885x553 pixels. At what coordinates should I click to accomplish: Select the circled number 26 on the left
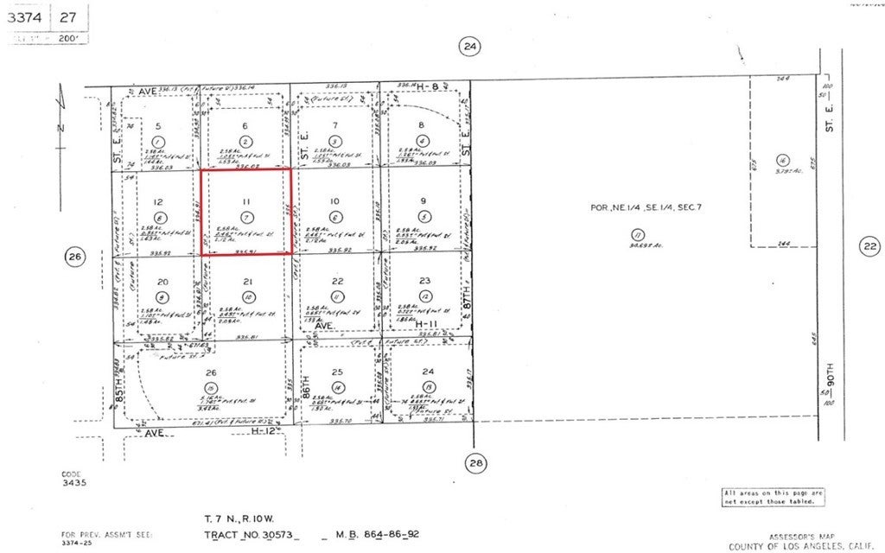click(73, 256)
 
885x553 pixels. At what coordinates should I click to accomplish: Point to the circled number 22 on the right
click(869, 246)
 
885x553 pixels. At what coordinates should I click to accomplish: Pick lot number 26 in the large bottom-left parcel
click(210, 373)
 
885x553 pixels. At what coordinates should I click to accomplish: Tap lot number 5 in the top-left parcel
click(157, 126)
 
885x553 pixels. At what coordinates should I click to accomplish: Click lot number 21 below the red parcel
click(247, 282)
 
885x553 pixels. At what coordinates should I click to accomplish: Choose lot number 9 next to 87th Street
click(423, 201)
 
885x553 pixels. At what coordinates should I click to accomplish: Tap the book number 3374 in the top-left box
click(29, 16)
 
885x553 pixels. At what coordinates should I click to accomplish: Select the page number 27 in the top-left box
click(68, 16)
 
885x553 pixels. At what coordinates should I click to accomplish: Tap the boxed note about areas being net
click(773, 496)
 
